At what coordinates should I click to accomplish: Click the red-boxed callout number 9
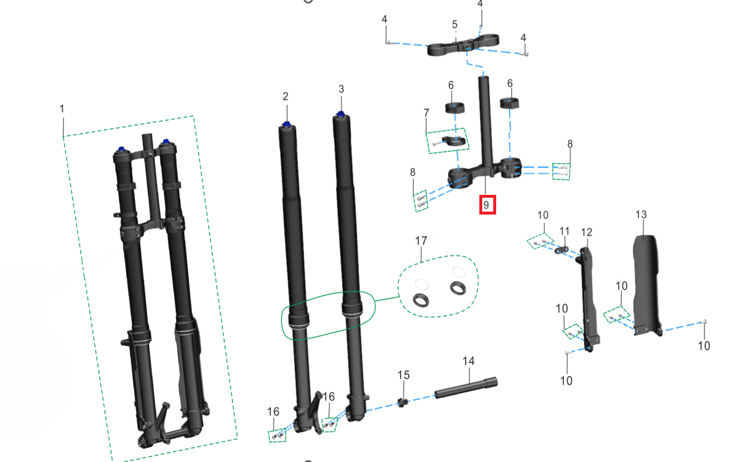tap(487, 205)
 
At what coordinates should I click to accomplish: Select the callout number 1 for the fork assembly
tap(62, 109)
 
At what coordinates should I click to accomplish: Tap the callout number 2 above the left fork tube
tap(285, 95)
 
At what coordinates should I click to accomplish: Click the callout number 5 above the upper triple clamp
tap(454, 24)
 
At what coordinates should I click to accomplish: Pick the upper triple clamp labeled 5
tap(463, 46)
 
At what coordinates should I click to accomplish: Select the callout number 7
tap(427, 112)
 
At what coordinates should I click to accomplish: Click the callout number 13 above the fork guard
tap(641, 215)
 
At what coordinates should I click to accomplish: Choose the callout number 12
tap(586, 232)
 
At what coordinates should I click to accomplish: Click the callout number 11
tap(565, 231)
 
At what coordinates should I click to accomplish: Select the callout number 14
tap(468, 361)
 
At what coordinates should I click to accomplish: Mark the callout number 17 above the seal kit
tap(421, 240)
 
